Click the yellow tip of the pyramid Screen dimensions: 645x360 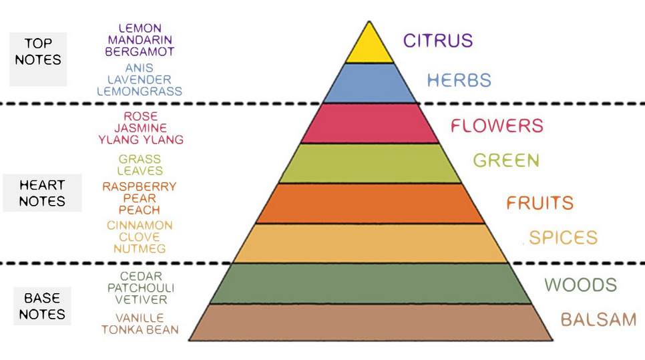coord(369,47)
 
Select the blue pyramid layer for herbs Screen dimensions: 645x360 coord(369,83)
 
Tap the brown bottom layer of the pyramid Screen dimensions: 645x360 coord(370,323)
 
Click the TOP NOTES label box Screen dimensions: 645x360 coord(38,59)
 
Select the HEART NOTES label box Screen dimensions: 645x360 coord(42,193)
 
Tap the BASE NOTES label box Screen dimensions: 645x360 coord(42,306)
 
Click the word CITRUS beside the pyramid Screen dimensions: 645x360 coord(438,41)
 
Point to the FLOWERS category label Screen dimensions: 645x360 coord(497,126)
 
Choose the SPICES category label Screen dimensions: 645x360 coord(563,237)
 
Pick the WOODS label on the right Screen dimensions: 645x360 coord(580,285)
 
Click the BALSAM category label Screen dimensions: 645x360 coord(598,320)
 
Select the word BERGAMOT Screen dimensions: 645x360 coord(140,52)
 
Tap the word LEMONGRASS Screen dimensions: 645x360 coord(140,92)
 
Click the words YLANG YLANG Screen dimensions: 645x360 coord(141,140)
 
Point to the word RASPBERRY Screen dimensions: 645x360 coord(140,187)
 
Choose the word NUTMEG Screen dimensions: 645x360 coord(140,249)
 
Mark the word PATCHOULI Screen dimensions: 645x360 coord(141,288)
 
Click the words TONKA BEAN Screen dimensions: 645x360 coord(140,330)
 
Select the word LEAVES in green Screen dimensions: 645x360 coord(140,171)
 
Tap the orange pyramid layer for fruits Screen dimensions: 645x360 coord(370,204)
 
